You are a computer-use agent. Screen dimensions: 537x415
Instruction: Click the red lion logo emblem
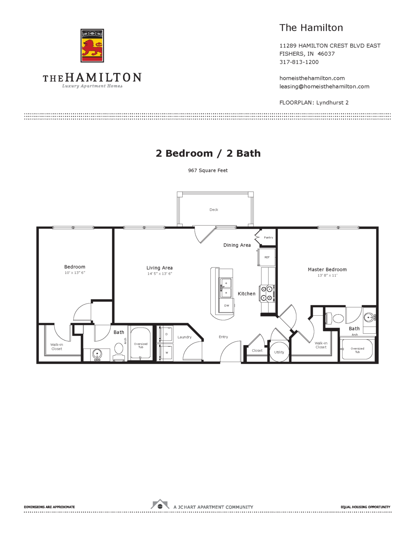[x=92, y=46]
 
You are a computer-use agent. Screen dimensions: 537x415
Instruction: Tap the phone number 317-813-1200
[x=299, y=62]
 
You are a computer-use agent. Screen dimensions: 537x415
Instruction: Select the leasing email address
[x=324, y=86]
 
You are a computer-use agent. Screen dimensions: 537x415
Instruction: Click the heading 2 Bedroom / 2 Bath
[x=208, y=153]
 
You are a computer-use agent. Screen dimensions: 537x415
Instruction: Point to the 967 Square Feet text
[x=208, y=170]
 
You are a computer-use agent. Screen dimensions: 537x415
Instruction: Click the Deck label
[x=214, y=210]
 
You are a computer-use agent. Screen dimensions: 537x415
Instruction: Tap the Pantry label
[x=268, y=238]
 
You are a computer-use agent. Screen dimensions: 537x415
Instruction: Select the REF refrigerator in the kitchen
[x=267, y=257]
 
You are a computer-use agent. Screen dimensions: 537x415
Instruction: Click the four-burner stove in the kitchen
[x=267, y=293]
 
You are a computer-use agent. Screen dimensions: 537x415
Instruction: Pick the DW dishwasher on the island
[x=227, y=305]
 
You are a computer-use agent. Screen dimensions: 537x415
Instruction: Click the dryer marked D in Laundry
[x=166, y=334]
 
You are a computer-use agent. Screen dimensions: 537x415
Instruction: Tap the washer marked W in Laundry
[x=166, y=352]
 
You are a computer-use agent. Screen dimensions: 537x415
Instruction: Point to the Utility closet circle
[x=279, y=352]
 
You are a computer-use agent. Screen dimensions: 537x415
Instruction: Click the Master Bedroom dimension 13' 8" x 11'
[x=327, y=276]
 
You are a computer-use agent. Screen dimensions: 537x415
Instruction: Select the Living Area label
[x=159, y=268]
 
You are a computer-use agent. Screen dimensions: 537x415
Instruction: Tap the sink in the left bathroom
[x=97, y=354]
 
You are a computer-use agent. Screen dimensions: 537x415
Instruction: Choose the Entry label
[x=223, y=337]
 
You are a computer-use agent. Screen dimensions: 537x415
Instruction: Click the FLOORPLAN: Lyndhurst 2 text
[x=314, y=103]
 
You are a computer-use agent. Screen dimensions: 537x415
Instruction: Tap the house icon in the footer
[x=160, y=505]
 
